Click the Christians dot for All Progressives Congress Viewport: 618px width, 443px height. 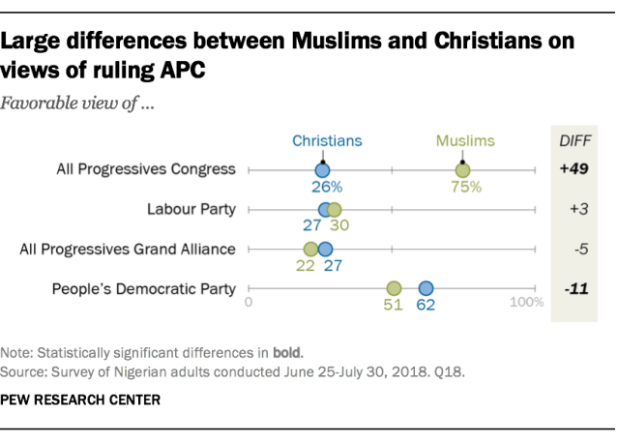323,170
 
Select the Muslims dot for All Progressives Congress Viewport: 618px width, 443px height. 463,170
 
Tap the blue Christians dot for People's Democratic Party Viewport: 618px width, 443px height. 426,287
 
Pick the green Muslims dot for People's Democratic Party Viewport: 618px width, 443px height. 394,287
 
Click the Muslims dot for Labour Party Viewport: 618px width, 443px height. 335,209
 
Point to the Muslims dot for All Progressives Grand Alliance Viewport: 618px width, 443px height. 310,249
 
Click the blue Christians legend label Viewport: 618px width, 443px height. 327,140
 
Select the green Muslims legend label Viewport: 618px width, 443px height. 465,140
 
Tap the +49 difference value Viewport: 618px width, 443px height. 574,169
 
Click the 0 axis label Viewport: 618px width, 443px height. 250,303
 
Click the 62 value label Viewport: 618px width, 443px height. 426,306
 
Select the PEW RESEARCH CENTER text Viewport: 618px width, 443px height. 80,399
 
